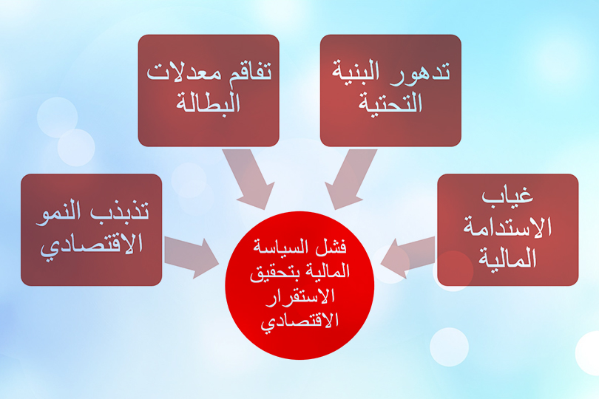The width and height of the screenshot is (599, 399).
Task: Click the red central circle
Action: (x=299, y=284)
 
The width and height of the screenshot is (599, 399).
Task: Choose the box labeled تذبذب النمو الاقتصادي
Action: (x=92, y=230)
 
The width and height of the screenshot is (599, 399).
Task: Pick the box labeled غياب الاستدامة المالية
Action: (x=507, y=230)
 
